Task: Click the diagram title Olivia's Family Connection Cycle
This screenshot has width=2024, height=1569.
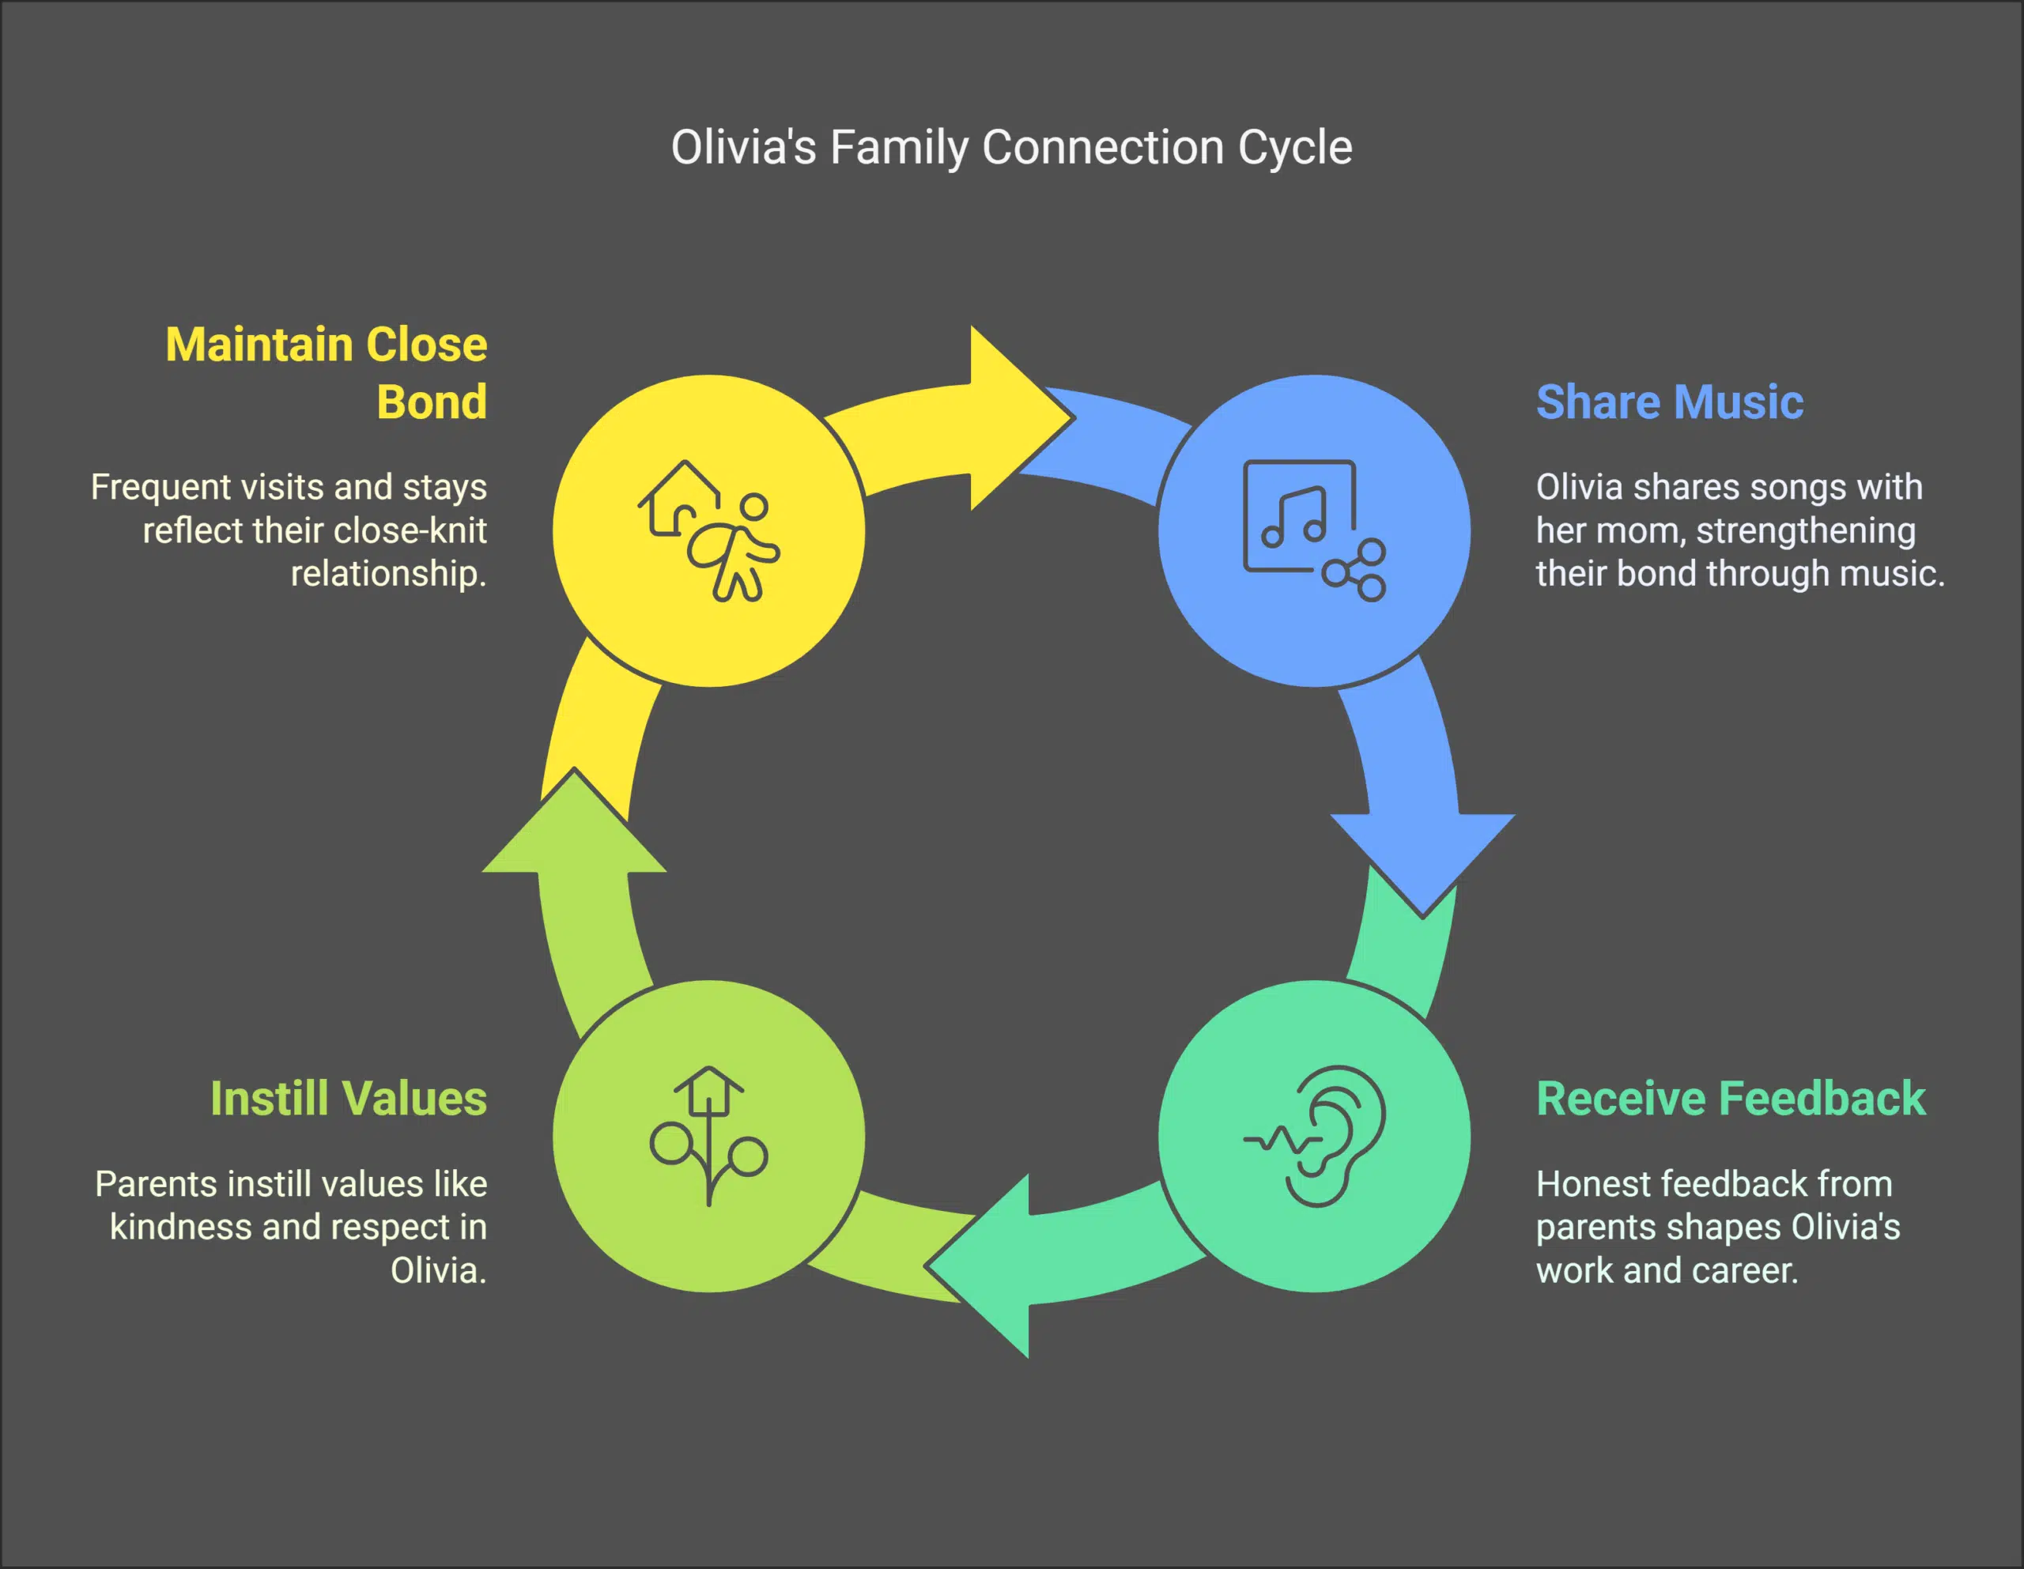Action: coord(1011,147)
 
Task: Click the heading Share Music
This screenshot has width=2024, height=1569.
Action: coord(1669,402)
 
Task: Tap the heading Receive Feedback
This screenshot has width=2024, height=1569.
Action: coord(1730,1099)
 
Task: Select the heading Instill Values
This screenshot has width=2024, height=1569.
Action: coord(349,1099)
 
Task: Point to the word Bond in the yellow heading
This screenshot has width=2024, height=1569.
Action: coord(431,402)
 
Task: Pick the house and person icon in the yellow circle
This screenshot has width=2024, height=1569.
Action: coord(709,530)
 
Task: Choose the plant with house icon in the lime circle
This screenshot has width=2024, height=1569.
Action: coord(709,1135)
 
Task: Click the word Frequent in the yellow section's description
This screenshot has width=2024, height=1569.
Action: coord(160,488)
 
